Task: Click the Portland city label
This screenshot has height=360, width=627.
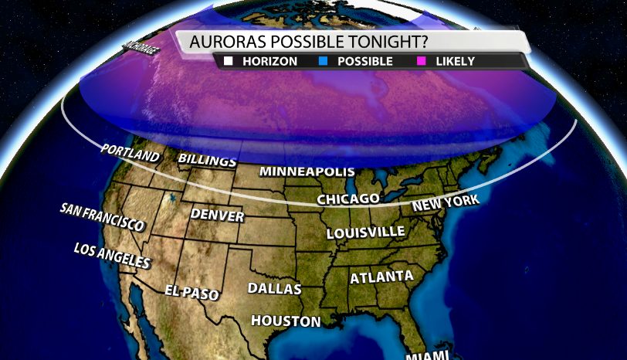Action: [x=129, y=152]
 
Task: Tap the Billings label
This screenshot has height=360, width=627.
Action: [x=207, y=160]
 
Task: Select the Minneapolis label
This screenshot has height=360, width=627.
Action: [x=307, y=171]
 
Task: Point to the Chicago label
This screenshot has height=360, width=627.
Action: [x=348, y=199]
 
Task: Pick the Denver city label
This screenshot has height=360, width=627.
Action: [x=217, y=215]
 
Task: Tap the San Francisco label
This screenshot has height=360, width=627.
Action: [x=102, y=218]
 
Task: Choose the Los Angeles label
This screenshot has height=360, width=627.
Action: [x=111, y=256]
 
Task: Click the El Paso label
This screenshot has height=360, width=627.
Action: [x=191, y=292]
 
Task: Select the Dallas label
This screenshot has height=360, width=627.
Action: [x=274, y=289]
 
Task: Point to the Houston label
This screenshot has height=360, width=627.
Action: [x=286, y=321]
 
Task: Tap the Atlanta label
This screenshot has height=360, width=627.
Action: [x=381, y=277]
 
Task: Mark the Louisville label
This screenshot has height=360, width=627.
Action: [x=365, y=232]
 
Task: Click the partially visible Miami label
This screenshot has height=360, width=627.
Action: [x=427, y=355]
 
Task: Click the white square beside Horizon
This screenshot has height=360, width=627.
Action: [x=228, y=61]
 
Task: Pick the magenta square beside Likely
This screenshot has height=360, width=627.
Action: [x=423, y=61]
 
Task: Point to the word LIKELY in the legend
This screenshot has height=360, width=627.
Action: [x=455, y=61]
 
